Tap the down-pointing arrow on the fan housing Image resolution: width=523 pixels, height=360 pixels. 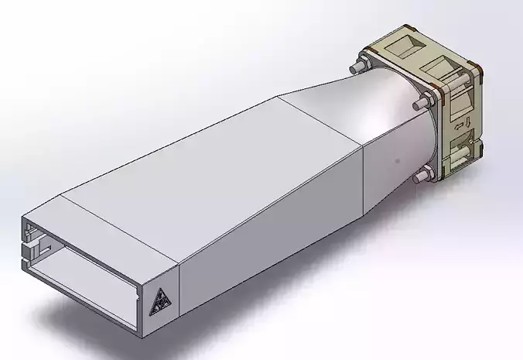tap(468, 122)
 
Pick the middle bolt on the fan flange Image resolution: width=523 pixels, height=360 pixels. tap(422, 102)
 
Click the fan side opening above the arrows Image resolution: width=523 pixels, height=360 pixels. tap(463, 99)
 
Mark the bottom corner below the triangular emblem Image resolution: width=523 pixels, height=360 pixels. tap(146, 338)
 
